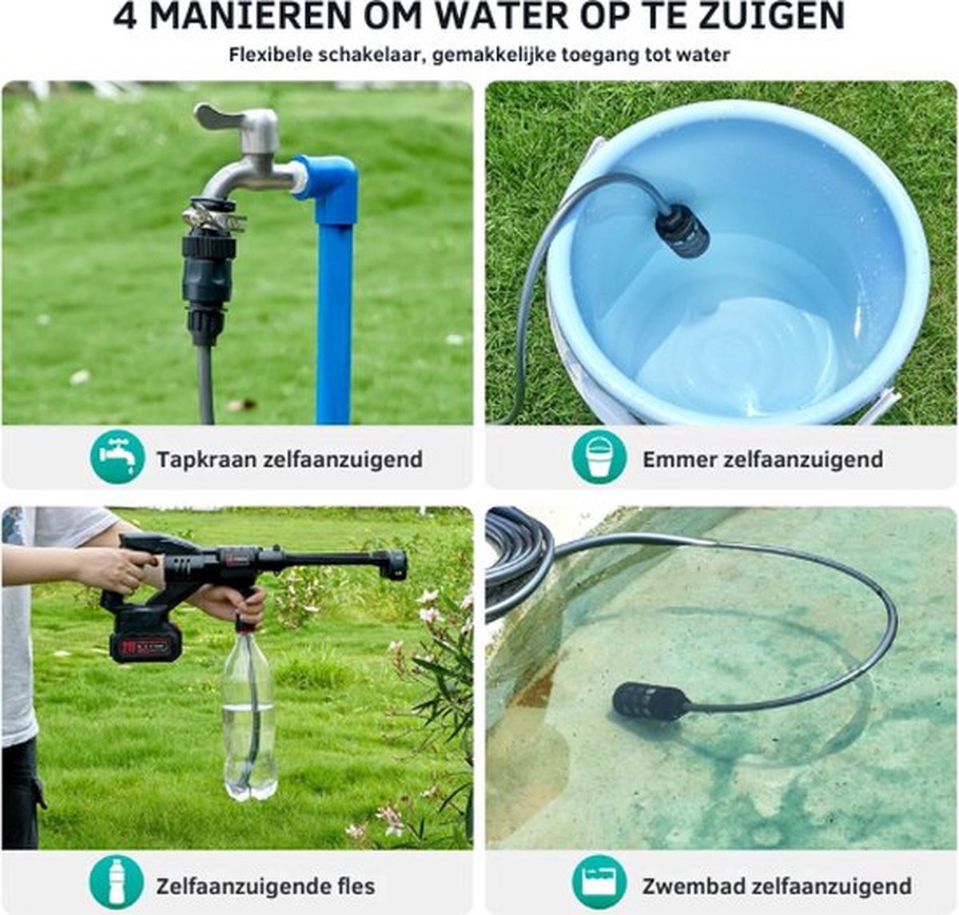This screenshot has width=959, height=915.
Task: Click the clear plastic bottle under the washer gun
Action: point(249,714)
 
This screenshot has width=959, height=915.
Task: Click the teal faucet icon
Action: point(117,457)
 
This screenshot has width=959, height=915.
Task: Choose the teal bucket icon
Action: point(599,457)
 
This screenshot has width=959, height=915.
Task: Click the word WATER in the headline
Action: point(500,16)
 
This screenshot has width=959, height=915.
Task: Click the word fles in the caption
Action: point(356,885)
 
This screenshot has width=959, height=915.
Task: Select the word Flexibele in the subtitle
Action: point(271,54)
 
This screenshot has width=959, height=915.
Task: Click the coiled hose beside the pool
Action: point(517,566)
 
